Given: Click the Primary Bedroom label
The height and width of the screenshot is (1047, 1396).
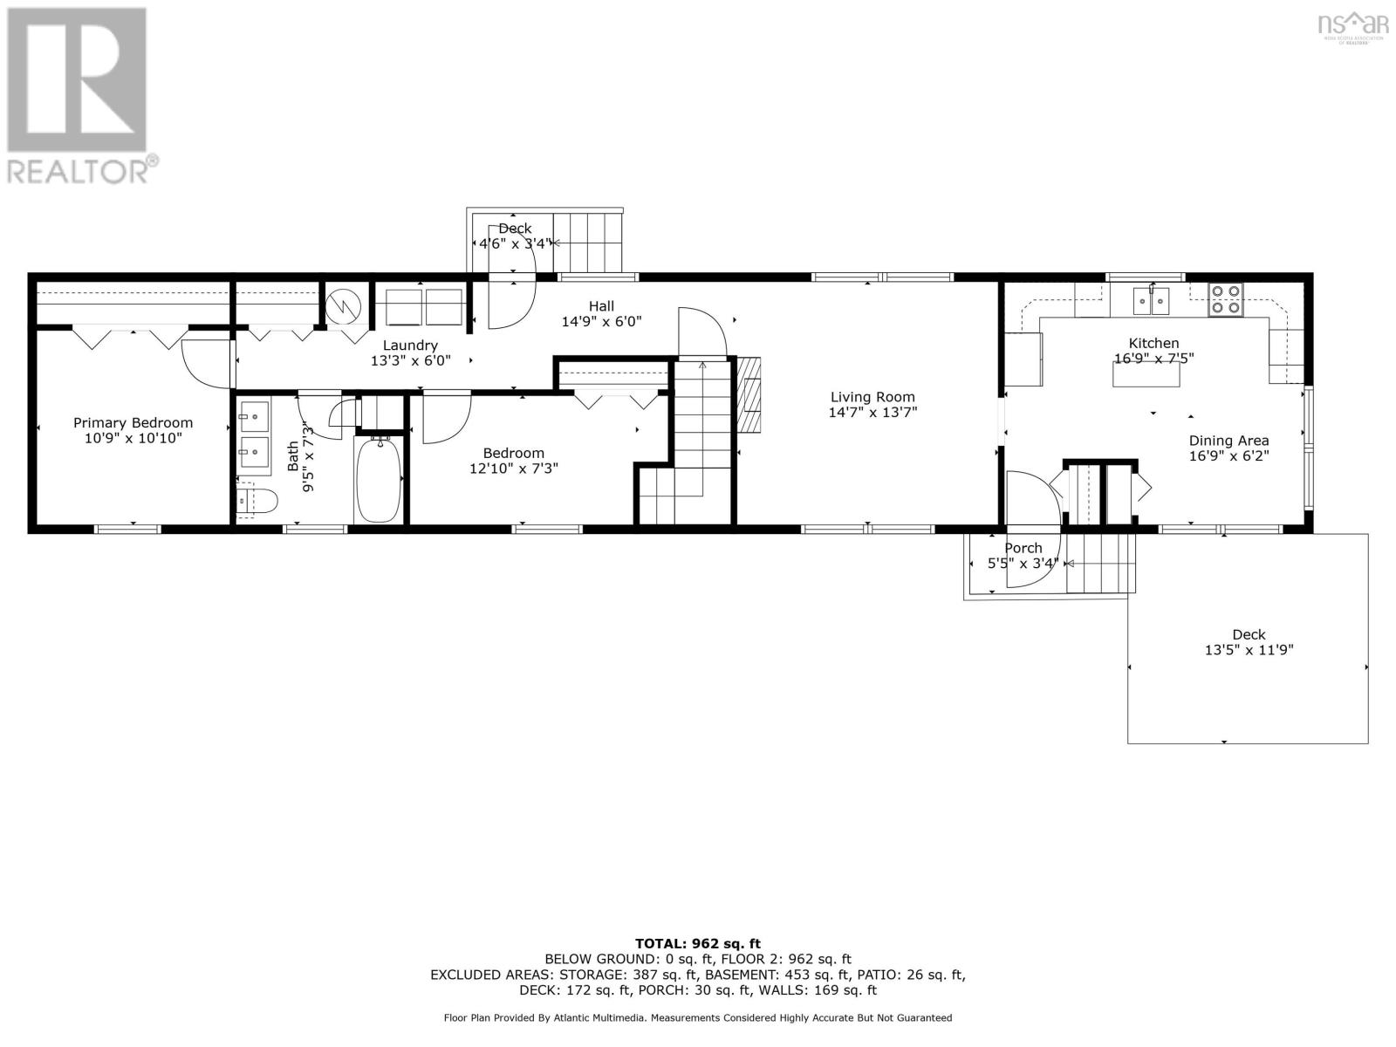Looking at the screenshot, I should click(133, 422).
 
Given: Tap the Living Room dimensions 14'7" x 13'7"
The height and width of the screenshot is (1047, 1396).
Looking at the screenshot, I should click(872, 413).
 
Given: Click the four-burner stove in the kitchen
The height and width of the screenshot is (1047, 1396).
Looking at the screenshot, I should click(1225, 299).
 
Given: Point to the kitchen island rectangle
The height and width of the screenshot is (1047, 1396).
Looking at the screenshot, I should click(1146, 373).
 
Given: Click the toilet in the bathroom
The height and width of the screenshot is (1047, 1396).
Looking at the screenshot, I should click(259, 502).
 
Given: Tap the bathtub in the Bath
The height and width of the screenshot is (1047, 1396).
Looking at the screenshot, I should click(378, 480).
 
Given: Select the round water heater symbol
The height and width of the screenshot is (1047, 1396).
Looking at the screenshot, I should click(341, 305).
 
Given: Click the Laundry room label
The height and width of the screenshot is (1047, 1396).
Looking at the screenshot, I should click(410, 346).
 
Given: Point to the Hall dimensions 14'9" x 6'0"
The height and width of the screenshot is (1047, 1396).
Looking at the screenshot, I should click(601, 321).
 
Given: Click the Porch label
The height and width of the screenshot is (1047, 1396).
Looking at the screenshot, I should click(1023, 548).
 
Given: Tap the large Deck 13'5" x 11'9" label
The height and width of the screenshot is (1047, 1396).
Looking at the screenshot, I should click(1248, 642).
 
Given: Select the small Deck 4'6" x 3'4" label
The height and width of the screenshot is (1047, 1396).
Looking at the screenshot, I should click(515, 236).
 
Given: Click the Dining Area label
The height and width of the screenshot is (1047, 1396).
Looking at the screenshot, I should click(1228, 441).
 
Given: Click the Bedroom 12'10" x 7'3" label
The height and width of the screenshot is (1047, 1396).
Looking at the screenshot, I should click(513, 460).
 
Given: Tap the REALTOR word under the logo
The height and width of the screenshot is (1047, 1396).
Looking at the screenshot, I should click(79, 169).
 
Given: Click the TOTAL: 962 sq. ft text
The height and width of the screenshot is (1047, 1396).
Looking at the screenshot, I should click(697, 943).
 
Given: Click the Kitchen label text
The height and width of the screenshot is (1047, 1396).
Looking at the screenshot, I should click(1153, 343).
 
